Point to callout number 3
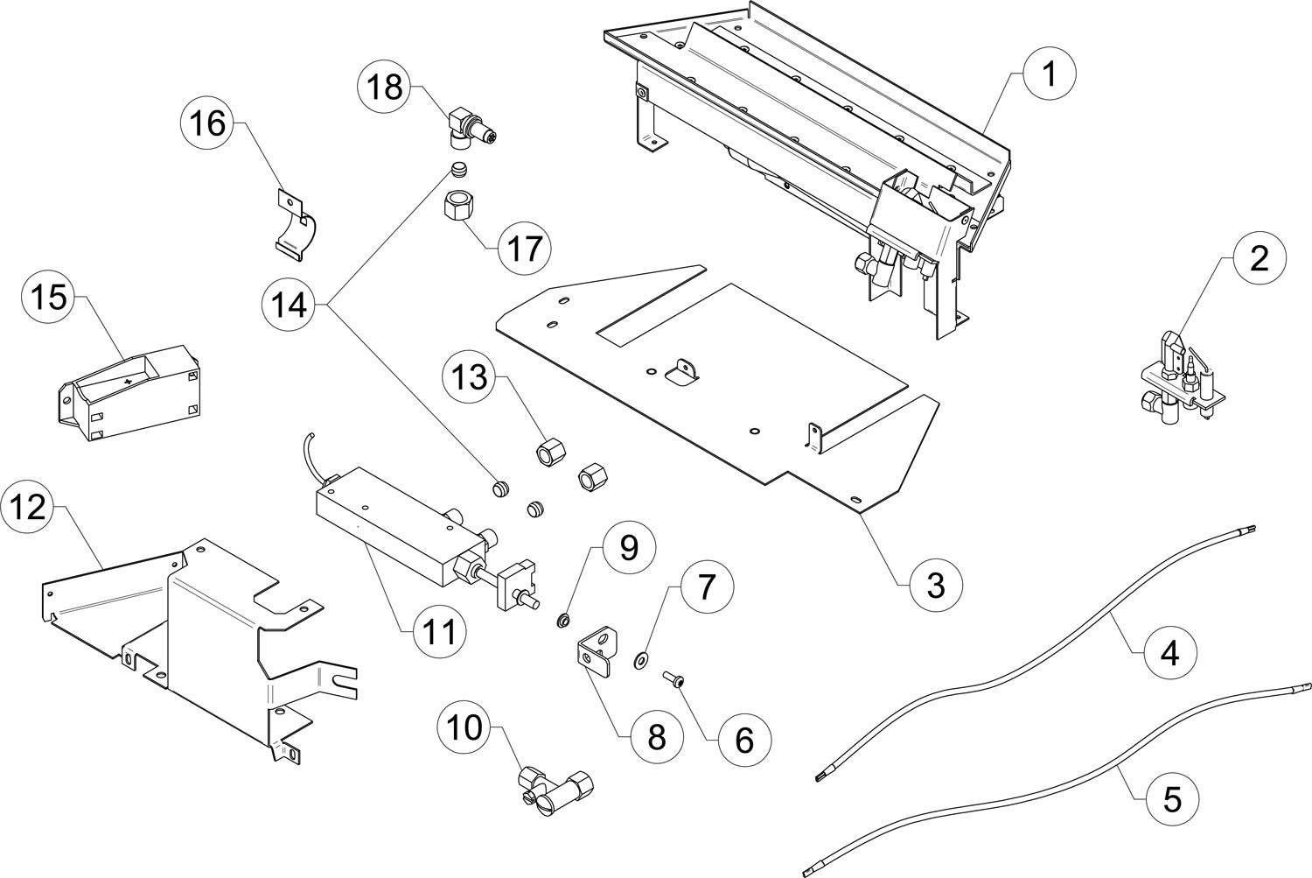pos(935,584)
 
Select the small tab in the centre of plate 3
pos(681,371)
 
